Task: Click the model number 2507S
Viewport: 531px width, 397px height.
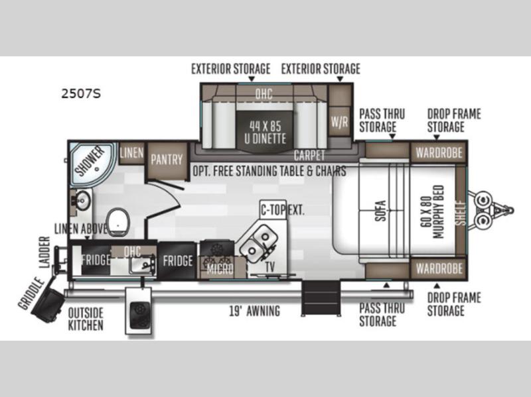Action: point(81,93)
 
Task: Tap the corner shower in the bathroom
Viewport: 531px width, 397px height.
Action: point(92,163)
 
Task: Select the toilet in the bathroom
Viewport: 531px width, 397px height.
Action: point(118,221)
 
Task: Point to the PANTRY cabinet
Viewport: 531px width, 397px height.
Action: point(167,160)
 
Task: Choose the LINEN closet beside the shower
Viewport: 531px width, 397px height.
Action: point(131,153)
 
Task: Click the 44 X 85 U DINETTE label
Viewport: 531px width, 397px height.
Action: point(265,132)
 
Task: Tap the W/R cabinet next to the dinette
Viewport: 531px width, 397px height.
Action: point(339,121)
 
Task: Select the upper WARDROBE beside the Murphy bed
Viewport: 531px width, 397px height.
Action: point(439,153)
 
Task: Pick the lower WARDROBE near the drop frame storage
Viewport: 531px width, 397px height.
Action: point(439,269)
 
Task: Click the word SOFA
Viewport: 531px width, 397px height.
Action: point(380,211)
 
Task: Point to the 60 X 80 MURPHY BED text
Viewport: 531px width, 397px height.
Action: point(432,212)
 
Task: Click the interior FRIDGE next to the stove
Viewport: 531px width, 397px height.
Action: point(177,260)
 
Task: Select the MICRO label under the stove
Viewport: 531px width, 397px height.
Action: point(220,269)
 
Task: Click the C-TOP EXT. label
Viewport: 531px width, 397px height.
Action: point(282,210)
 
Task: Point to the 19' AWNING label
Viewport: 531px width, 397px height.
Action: point(255,311)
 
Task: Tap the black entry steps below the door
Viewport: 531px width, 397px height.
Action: point(321,298)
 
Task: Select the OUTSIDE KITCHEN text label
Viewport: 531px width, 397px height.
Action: point(86,319)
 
